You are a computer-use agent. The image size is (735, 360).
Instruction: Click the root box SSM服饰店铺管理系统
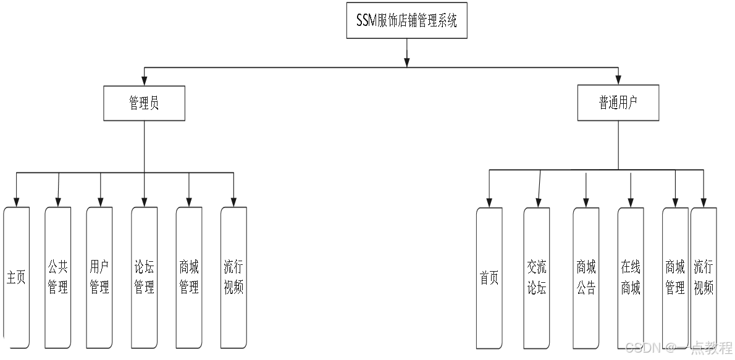click(406, 21)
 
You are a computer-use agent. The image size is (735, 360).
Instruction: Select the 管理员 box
click(144, 103)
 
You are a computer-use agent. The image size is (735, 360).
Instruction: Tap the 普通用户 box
click(618, 103)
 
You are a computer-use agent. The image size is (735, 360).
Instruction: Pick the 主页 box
click(17, 277)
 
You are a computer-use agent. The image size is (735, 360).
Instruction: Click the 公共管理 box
click(58, 277)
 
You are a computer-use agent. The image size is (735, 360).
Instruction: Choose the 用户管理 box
click(99, 277)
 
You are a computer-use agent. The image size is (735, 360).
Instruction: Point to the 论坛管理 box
click(144, 277)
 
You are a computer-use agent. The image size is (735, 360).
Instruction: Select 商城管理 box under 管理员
click(189, 277)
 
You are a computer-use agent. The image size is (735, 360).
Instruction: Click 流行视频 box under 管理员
click(233, 277)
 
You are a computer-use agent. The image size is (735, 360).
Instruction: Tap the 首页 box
click(489, 278)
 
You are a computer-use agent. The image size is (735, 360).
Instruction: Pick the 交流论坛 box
click(537, 278)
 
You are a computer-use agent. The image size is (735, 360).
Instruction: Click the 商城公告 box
click(586, 278)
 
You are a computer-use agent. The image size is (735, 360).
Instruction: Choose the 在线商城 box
click(631, 278)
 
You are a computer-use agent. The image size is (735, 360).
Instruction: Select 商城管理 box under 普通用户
click(675, 278)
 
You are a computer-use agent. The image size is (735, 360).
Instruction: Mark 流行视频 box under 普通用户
click(703, 278)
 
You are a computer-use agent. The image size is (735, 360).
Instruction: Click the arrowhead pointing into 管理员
click(144, 81)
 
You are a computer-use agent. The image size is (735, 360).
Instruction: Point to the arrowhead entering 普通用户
click(618, 81)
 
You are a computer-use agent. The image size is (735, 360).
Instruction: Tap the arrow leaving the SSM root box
click(406, 53)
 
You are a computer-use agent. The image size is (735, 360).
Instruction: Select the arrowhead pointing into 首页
click(489, 203)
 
